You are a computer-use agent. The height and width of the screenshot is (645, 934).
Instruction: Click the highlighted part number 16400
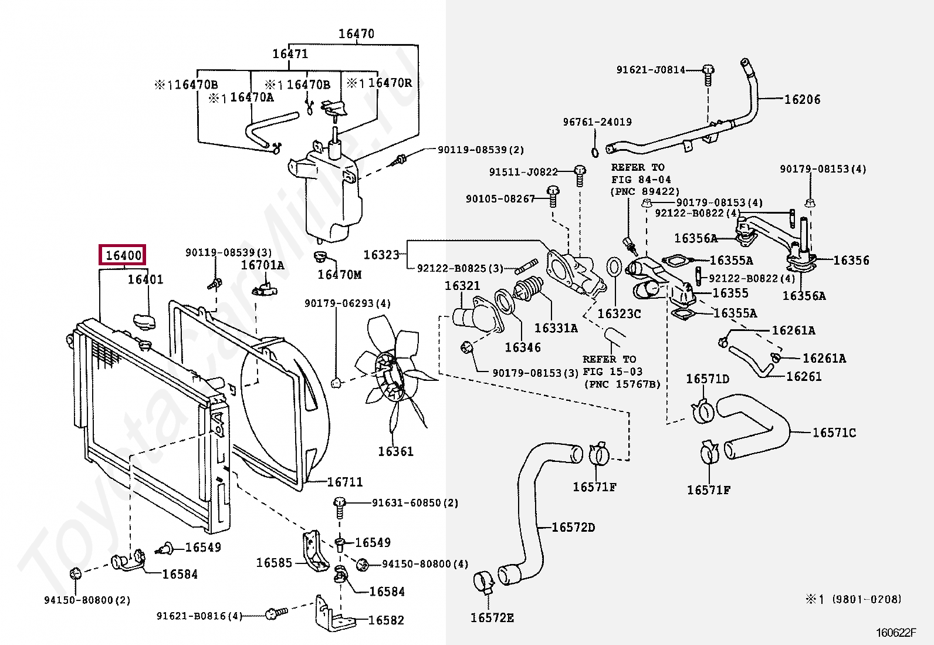point(122,255)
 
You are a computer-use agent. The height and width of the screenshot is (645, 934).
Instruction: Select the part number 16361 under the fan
point(395,451)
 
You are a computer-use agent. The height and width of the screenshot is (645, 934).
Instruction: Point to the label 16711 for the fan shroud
point(345,482)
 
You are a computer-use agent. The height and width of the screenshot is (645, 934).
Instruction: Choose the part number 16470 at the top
point(356,34)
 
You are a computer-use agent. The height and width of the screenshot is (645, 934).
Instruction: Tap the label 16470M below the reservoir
point(340,274)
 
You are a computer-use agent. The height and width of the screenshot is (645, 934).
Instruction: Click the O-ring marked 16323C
point(614,266)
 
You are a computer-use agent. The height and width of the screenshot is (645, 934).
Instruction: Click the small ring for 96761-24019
point(595,153)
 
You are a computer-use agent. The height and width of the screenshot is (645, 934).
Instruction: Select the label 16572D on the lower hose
point(573,527)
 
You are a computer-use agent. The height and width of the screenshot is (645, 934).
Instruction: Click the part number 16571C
point(834,433)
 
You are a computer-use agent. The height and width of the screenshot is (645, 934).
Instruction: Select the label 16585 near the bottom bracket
point(274,563)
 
